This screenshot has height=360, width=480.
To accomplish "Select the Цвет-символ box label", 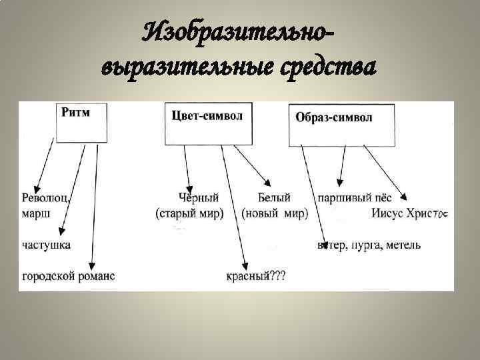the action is tap(207, 115).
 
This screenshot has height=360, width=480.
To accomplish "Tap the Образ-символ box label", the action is tap(334, 117).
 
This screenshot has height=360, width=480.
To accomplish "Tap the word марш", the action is tap(35, 214).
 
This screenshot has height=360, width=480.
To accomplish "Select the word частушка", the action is tap(46, 245).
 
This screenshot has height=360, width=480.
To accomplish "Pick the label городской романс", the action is tap(68, 275).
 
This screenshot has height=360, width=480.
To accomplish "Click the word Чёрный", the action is tap(199, 198).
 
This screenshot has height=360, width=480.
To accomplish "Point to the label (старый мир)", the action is tap(190, 214).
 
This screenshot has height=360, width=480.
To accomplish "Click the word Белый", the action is tap(273, 198).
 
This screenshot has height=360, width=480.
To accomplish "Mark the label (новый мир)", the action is tap(275, 214).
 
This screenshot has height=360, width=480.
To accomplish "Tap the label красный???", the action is tap(255, 275).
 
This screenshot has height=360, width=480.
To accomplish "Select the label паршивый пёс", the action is tap(354, 198).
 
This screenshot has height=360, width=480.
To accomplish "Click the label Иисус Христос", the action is tap(411, 214).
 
